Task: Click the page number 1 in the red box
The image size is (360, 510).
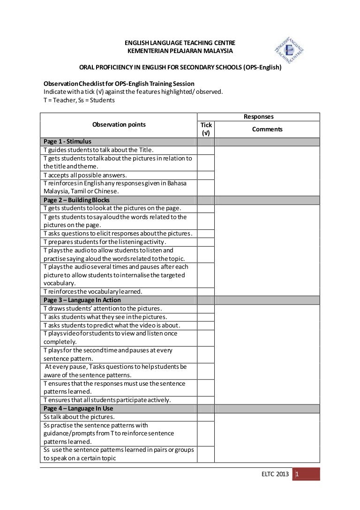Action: [297, 475]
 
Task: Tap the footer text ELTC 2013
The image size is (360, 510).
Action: [275, 475]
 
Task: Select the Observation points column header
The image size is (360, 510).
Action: [119, 124]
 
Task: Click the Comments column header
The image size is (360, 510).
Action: [267, 129]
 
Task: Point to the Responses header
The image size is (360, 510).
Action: [259, 116]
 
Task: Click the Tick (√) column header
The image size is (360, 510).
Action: [206, 129]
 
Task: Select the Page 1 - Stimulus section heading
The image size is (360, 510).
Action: [67, 141]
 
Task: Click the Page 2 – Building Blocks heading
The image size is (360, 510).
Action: [76, 200]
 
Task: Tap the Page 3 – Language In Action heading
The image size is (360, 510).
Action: [82, 300]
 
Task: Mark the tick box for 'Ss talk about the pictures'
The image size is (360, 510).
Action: [206, 417]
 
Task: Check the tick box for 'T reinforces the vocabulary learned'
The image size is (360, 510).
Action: [206, 291]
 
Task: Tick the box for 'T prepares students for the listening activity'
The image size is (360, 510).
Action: [206, 242]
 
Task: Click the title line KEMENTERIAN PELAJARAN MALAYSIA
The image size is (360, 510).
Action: [180, 51]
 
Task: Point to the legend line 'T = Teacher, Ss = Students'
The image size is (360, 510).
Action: [79, 100]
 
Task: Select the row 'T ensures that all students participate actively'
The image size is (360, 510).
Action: [107, 400]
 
